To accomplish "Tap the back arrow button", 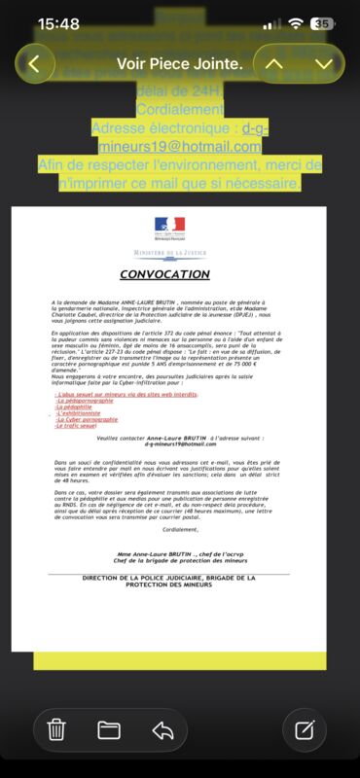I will coord(36,64).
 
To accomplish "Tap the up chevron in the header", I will coord(275,64).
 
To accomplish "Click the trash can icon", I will coord(56,728).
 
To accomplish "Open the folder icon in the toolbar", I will coord(108,728).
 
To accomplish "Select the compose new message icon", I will coord(304,728).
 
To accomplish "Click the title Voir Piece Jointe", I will coord(179,64).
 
